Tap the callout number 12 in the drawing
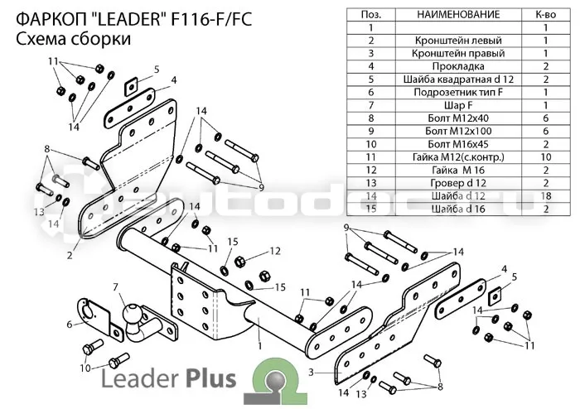click(x=275, y=251)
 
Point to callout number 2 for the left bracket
click(x=70, y=255)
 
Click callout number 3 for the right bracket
click(x=311, y=373)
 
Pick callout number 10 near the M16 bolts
click(x=85, y=368)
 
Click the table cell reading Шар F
click(x=458, y=106)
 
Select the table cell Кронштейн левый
click(x=458, y=41)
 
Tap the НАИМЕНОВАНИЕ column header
click(x=458, y=14)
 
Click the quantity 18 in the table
click(x=545, y=196)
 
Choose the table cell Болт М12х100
click(x=458, y=132)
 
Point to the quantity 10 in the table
click(x=545, y=157)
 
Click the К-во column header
click(x=545, y=14)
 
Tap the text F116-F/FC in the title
click(x=211, y=19)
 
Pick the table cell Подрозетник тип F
click(x=458, y=93)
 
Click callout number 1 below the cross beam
click(x=260, y=346)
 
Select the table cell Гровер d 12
click(x=458, y=183)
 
